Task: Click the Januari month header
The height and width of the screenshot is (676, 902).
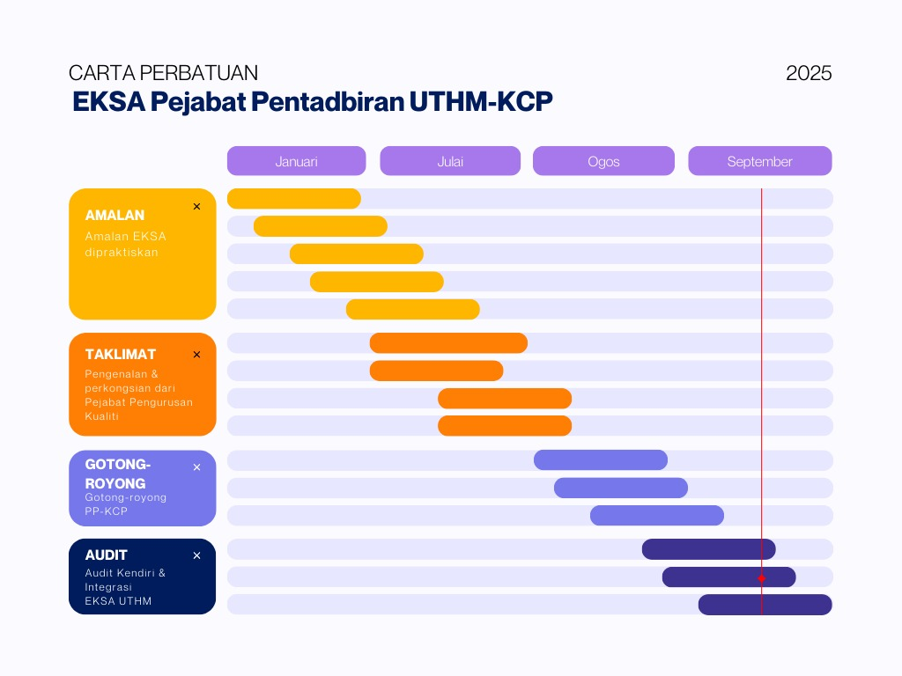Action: click(296, 161)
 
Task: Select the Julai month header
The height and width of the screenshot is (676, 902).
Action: click(450, 161)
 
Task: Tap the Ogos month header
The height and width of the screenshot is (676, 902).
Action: click(603, 161)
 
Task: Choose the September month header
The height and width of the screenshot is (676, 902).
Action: click(759, 161)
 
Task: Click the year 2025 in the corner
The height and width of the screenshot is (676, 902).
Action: click(809, 73)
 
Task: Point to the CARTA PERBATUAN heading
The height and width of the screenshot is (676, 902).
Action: click(163, 73)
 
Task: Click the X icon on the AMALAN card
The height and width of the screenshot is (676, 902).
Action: click(196, 207)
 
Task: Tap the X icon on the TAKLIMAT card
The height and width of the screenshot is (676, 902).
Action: click(196, 355)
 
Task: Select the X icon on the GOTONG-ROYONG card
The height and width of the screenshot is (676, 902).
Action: click(196, 467)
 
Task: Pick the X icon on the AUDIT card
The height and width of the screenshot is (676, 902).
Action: click(196, 555)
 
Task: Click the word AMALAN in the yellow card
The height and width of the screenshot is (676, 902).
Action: click(115, 215)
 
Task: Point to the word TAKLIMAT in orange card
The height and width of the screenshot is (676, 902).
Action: click(121, 354)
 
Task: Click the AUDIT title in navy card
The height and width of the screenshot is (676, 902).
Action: click(107, 555)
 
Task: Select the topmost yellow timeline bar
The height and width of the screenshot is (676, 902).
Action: click(293, 199)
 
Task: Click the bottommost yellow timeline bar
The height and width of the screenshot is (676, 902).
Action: click(412, 310)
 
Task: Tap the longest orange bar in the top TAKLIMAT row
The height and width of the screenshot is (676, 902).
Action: click(448, 343)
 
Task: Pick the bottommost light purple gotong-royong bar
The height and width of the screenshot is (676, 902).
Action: click(656, 516)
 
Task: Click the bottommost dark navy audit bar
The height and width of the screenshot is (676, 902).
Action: click(765, 605)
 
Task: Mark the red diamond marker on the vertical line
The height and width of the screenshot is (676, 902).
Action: click(762, 578)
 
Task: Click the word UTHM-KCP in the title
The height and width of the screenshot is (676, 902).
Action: click(481, 101)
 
